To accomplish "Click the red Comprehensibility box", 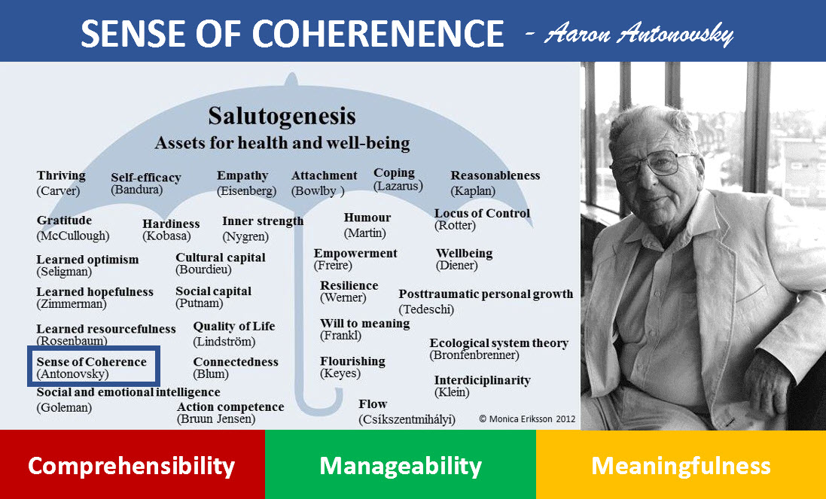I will (132, 465).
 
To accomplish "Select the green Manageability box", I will (400, 465).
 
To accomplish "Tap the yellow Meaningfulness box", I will (681, 465).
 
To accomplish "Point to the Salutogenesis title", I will (281, 117).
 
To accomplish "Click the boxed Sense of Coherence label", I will (93, 367).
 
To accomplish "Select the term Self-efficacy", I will (146, 178).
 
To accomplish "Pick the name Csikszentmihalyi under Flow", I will (407, 419).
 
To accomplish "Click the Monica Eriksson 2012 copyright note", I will (527, 418).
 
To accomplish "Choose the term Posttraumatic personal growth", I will (486, 294).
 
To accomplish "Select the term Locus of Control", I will (482, 214).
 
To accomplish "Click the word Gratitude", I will (64, 221).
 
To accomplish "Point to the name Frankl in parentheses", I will (340, 336).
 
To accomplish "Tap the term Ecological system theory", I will (498, 343).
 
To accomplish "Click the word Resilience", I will (349, 286).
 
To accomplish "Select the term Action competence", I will (230, 407).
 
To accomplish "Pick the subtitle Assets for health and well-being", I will (282, 143).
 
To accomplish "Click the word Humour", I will (367, 218).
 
